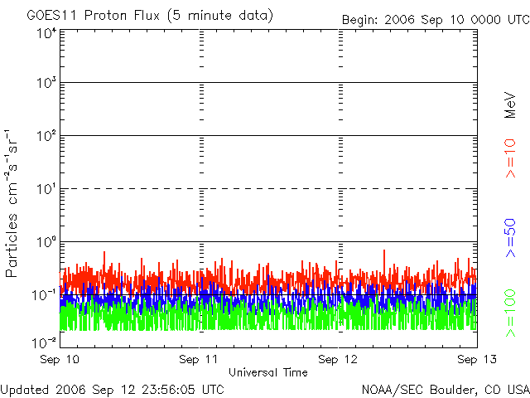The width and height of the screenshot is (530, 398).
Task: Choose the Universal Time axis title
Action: coord(267,372)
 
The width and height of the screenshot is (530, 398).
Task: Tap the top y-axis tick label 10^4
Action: coord(46,33)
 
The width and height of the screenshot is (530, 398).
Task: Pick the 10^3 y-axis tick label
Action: coord(46,85)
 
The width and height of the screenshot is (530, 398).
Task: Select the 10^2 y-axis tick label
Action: coord(46,137)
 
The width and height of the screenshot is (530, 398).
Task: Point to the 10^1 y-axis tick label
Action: coord(46,190)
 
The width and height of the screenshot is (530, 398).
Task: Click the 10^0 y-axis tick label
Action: coord(46,243)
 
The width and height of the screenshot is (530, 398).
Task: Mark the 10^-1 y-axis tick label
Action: coord(45,295)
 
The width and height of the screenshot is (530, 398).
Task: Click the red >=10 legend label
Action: coord(510,158)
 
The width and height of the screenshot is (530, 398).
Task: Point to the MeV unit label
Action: coord(510,107)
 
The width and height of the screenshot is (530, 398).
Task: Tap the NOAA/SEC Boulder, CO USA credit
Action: coord(445,389)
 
